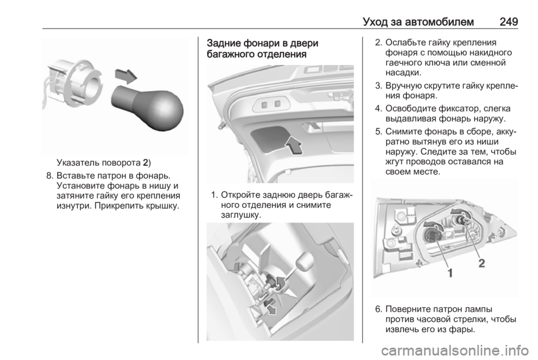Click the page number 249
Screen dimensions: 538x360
(508, 22)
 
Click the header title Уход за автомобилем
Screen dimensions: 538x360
(418, 22)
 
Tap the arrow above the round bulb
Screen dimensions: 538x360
(126, 76)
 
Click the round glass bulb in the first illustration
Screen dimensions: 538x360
(148, 108)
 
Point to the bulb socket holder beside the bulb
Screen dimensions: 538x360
(73, 84)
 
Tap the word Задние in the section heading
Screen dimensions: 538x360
(224, 43)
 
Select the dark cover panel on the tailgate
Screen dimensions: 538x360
(271, 139)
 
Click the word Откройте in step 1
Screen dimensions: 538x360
(242, 195)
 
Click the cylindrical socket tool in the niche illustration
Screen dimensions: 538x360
(305, 262)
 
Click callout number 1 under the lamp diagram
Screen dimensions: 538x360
(450, 273)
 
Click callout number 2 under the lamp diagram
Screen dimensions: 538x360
(482, 263)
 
